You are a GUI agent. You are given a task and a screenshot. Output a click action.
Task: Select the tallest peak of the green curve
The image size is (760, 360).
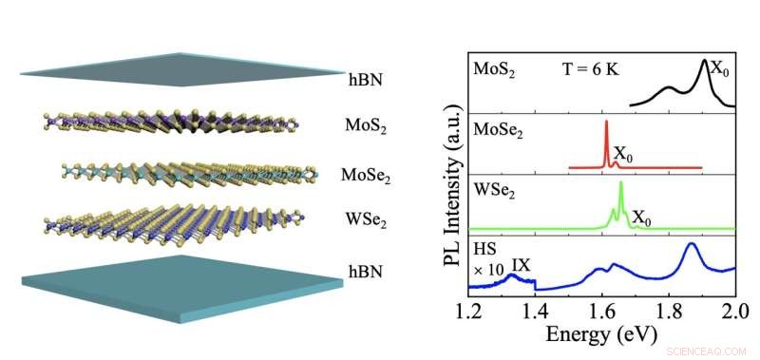620,183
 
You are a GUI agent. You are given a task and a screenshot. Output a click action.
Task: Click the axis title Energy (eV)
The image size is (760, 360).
600,337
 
